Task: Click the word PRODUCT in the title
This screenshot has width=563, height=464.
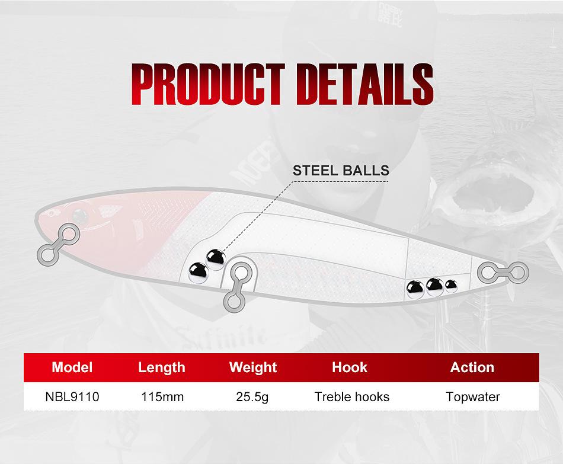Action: click(208, 84)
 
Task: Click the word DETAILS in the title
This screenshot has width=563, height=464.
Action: click(365, 84)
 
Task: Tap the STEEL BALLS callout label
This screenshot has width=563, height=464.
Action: click(341, 170)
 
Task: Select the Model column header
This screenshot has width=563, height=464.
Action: click(72, 367)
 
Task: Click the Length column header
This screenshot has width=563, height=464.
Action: click(162, 368)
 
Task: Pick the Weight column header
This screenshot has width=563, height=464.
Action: click(253, 368)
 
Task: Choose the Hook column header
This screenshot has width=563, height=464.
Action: click(350, 367)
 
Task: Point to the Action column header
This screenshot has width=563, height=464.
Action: click(472, 367)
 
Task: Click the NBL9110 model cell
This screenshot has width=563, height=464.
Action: click(72, 397)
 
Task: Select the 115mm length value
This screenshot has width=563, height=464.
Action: click(162, 397)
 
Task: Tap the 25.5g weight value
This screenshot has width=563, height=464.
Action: click(252, 397)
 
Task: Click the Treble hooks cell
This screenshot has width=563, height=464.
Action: click(352, 397)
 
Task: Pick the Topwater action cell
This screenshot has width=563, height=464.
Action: click(473, 397)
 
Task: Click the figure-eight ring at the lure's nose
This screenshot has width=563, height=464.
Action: click(59, 245)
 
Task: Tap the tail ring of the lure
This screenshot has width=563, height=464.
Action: click(503, 273)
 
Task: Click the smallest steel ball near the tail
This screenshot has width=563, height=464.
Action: click(451, 286)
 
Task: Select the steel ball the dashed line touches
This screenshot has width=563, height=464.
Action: click(216, 259)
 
